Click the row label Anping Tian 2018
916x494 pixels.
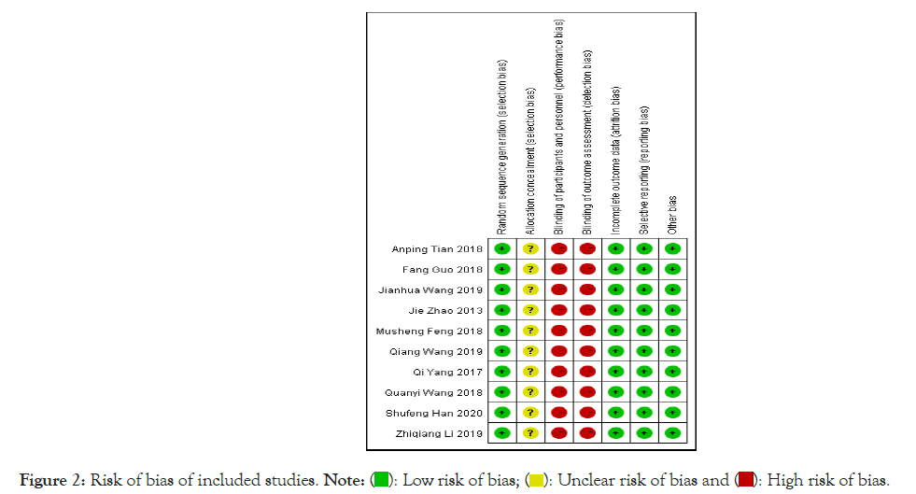click(x=437, y=249)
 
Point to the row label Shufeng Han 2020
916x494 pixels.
click(x=434, y=413)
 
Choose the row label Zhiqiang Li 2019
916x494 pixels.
click(x=437, y=433)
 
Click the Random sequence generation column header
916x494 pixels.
click(x=502, y=145)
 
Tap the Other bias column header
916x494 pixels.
click(x=672, y=214)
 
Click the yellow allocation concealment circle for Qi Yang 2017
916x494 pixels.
click(x=531, y=372)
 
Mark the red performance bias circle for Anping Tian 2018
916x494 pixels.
click(x=559, y=249)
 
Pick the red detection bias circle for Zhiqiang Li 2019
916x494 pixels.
click(x=587, y=433)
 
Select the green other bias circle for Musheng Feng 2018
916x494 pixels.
click(x=672, y=331)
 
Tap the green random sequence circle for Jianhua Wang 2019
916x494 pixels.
click(x=502, y=290)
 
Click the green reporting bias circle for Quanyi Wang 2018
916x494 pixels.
click(x=644, y=392)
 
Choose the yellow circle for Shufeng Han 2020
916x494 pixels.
click(x=531, y=413)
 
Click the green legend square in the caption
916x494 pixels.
click(x=381, y=480)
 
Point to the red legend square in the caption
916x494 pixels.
click(x=744, y=480)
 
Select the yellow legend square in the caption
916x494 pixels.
click(x=537, y=480)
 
